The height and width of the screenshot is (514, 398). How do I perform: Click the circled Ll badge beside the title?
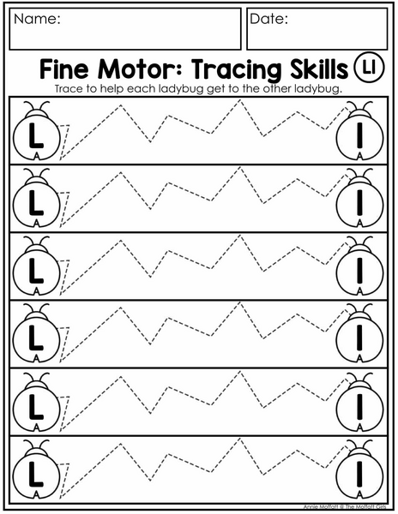click(x=369, y=67)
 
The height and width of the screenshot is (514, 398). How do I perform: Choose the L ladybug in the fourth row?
click(x=37, y=333)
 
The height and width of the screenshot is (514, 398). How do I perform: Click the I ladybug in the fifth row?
click(x=359, y=402)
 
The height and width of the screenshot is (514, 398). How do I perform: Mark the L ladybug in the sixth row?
click(x=37, y=469)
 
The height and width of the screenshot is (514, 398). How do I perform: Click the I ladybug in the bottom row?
click(x=359, y=469)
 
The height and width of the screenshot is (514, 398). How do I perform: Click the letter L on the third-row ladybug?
click(x=35, y=271)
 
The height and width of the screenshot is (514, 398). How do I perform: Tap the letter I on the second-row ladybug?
click(x=359, y=203)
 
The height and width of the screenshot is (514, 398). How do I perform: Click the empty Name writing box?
click(x=125, y=29)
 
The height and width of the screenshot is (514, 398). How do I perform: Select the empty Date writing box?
click(x=317, y=29)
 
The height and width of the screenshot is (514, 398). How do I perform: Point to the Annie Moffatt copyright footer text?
click(x=345, y=507)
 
